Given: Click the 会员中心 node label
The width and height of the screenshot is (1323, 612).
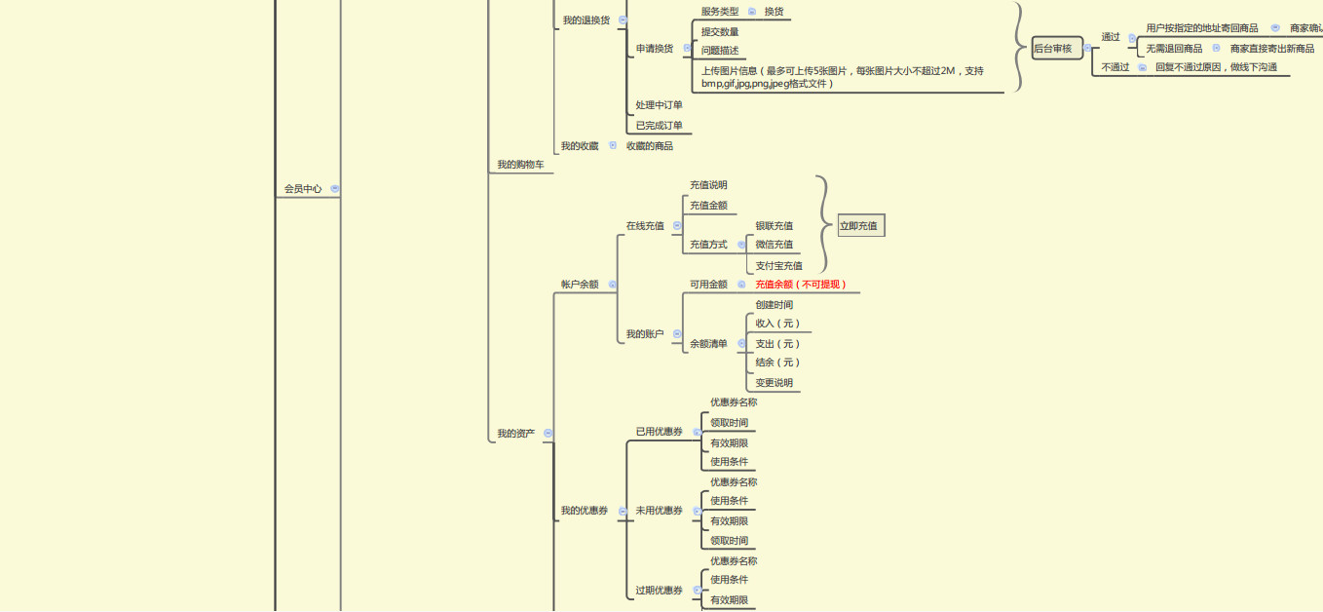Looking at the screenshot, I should click(303, 189).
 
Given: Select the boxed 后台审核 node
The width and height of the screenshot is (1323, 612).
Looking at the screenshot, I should click(1057, 49).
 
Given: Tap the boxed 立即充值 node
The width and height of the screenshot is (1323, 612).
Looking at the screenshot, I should click(860, 226).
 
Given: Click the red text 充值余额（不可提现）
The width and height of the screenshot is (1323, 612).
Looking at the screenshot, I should click(801, 285).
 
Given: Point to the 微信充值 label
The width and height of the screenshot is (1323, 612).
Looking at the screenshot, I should click(774, 245).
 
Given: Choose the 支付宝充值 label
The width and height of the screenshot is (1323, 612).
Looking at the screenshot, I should click(778, 266).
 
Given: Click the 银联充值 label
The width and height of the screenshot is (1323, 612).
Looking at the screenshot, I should click(774, 226).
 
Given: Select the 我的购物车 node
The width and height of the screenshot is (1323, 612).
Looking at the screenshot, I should click(520, 166).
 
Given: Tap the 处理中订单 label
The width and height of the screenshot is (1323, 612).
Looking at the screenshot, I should click(659, 105).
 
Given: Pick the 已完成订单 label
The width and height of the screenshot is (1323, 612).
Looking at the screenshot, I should click(659, 126).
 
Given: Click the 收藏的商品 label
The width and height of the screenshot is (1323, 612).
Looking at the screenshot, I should click(649, 146).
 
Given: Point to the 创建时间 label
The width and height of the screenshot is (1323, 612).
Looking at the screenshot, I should click(774, 305).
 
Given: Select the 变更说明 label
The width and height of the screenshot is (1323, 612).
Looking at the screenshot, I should click(774, 383).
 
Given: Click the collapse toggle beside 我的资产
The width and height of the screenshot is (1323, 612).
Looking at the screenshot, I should click(548, 434).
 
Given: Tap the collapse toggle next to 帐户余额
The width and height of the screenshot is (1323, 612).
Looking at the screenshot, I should click(613, 285).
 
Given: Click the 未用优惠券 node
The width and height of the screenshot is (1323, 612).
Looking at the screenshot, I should click(659, 511).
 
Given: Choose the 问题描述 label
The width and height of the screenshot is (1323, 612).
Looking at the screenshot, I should click(720, 51).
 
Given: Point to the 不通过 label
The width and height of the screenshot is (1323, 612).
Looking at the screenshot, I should click(1115, 67).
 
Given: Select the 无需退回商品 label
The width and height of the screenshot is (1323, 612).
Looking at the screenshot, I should click(1173, 49).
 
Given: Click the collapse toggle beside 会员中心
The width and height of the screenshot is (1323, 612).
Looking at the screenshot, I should click(335, 189).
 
